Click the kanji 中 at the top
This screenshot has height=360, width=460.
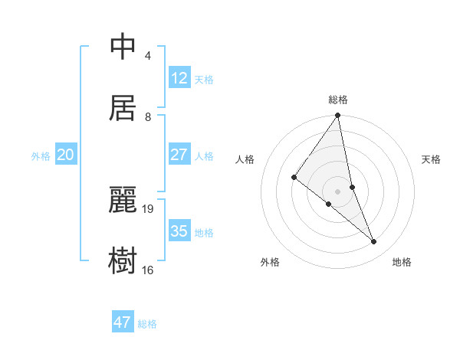click(x=123, y=47)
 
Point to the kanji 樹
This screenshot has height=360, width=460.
click(x=123, y=260)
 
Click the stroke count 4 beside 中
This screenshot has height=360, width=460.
click(x=147, y=56)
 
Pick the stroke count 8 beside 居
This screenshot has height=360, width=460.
click(x=147, y=116)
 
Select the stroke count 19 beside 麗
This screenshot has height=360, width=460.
click(x=149, y=208)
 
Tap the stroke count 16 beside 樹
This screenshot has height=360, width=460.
click(x=148, y=270)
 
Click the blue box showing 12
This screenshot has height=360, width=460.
click(x=179, y=78)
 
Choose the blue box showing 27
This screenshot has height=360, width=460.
click(x=179, y=155)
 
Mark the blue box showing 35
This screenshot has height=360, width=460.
click(x=179, y=231)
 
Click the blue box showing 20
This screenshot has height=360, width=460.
click(x=66, y=155)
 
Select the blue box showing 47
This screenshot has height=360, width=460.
click(x=123, y=322)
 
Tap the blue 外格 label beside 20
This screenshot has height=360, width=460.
click(x=41, y=156)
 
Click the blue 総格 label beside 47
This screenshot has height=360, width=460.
click(x=147, y=324)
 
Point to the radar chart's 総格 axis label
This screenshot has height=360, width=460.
click(x=338, y=100)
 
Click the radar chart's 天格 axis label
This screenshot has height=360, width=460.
click(x=431, y=159)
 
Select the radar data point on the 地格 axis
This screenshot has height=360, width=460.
click(x=374, y=241)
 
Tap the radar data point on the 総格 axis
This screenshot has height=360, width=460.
click(x=337, y=116)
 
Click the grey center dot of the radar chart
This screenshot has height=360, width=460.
click(x=337, y=191)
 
